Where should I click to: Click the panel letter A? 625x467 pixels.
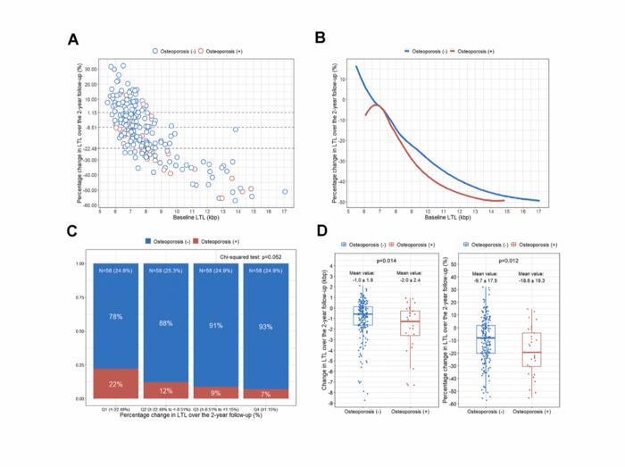tap(75, 38)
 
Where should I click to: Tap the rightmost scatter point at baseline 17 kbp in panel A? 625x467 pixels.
tap(285, 191)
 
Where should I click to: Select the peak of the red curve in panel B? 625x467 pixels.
tap(377, 105)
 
